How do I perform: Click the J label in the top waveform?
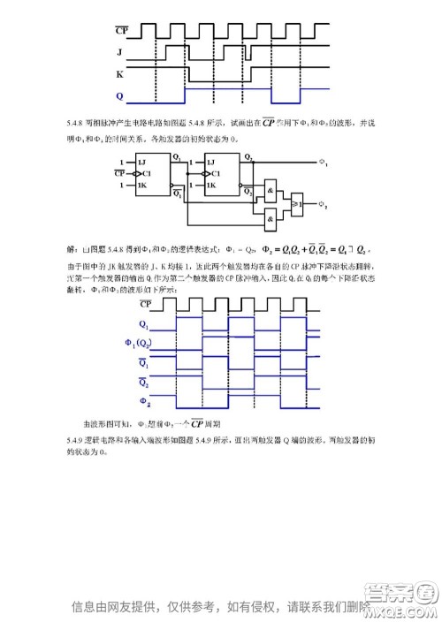(x=119, y=51)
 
